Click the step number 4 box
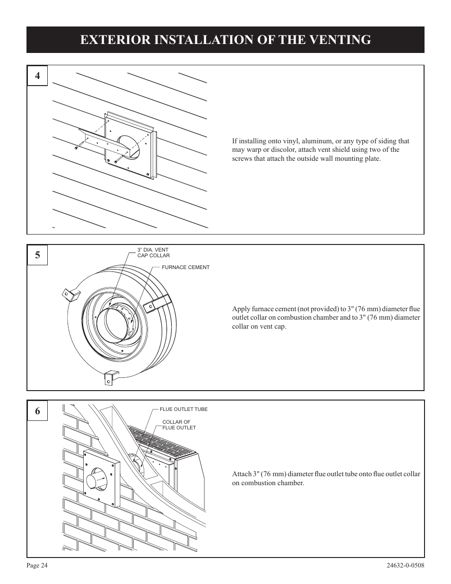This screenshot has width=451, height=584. tap(37, 75)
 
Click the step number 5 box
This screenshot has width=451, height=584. tap(37, 255)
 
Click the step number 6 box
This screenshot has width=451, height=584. tap(37, 411)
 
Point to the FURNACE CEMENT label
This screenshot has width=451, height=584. tap(185, 267)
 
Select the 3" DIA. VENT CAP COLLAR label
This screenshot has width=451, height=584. tap(153, 253)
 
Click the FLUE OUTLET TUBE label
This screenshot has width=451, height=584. tap(183, 410)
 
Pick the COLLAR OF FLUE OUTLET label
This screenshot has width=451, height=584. tap(179, 425)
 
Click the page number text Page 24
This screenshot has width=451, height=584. tap(37, 565)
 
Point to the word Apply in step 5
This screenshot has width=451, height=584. tap(241, 309)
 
